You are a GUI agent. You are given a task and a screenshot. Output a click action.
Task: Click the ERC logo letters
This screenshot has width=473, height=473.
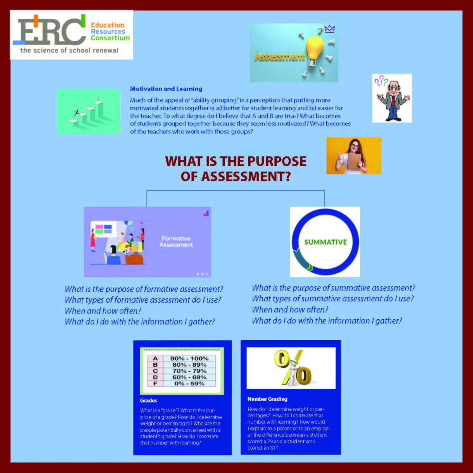click(x=51, y=31)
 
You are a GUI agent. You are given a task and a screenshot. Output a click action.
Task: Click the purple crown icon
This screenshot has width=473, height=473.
click(x=330, y=29)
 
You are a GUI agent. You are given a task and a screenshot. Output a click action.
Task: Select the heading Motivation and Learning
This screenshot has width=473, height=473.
click(x=166, y=89)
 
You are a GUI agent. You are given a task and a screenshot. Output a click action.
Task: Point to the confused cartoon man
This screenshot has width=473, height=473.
click(x=392, y=98)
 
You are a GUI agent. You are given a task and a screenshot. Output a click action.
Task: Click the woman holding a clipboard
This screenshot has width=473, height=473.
click(x=354, y=155)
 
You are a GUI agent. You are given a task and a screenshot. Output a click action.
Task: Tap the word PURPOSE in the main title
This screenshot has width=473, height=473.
click(x=277, y=161)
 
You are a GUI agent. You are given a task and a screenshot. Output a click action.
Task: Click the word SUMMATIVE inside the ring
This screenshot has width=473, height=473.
click(x=325, y=242)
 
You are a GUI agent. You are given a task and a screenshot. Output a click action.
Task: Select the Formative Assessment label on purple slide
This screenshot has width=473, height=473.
click(x=176, y=242)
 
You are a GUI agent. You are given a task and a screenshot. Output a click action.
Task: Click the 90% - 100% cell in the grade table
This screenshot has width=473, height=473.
click(x=189, y=358)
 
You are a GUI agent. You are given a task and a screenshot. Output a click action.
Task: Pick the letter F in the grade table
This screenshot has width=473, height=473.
click(x=155, y=383)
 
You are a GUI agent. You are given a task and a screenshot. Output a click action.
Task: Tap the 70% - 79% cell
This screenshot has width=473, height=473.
click(x=189, y=371)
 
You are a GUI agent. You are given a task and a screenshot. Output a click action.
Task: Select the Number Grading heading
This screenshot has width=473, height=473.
click(x=268, y=399)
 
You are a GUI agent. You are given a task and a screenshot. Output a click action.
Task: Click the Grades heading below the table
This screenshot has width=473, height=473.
click(x=148, y=400)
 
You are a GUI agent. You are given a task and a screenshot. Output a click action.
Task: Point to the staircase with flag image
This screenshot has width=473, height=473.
click(x=88, y=111)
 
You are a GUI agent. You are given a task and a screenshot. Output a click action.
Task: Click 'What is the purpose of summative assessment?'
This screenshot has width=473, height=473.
click(x=333, y=288)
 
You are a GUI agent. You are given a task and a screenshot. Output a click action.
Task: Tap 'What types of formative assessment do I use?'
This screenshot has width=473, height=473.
click(x=143, y=300)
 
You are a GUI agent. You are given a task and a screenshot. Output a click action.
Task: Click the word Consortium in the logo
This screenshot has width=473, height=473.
click(x=110, y=38)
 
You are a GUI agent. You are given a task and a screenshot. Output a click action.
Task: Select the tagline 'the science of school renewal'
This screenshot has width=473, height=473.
click(x=69, y=50)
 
